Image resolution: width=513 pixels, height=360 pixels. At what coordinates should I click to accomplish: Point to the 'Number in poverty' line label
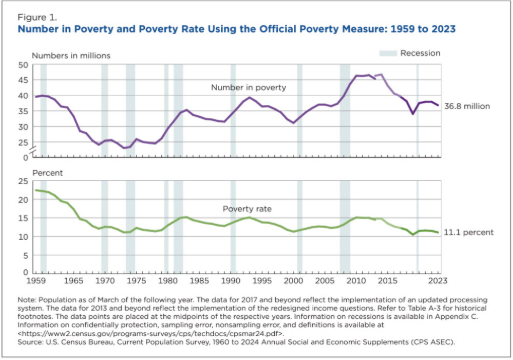point(248,88)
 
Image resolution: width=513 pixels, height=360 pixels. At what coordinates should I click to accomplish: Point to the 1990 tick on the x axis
point(232,275)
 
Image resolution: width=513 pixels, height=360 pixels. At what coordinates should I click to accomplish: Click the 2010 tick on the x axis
point(357,275)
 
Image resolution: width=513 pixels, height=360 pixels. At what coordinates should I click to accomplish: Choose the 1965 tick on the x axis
point(76,275)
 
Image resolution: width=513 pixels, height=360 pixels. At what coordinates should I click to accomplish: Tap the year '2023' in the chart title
point(430,30)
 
